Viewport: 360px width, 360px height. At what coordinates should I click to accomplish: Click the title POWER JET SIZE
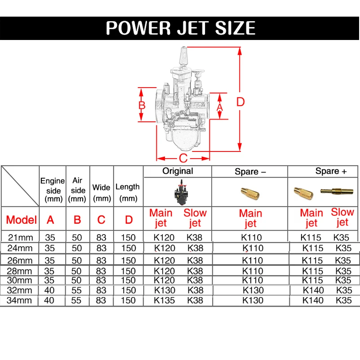coord(180,28)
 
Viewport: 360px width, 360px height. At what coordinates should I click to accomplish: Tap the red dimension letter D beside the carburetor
coord(240,102)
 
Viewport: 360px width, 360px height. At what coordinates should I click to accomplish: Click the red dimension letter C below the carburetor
coord(183,158)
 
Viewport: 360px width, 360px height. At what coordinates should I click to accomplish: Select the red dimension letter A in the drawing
coord(220,107)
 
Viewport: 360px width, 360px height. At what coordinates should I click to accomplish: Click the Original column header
coord(178,171)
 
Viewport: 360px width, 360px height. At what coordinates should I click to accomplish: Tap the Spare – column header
coord(250,172)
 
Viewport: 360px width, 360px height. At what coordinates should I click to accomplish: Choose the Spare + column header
coord(331,171)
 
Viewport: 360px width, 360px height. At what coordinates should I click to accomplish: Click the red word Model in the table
coord(21,220)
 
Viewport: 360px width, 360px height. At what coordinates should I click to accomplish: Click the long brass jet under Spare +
coord(337,191)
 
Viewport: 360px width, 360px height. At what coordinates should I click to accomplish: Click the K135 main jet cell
coord(164,300)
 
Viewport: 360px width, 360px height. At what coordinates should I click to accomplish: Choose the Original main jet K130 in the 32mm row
coord(164,290)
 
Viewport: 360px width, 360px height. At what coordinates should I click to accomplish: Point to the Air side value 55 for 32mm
coord(76,290)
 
